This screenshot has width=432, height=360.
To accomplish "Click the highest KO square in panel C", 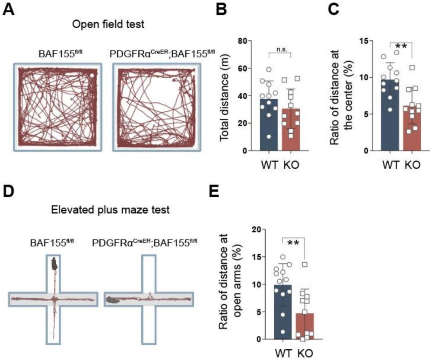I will click(x=413, y=67).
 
